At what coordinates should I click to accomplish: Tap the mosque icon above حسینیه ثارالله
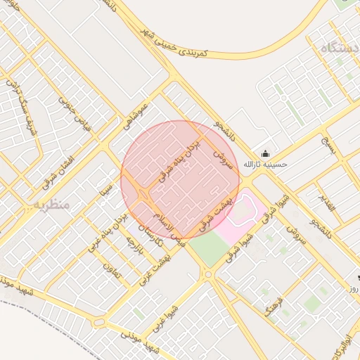click(265, 154)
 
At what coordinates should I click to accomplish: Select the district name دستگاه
click(338, 49)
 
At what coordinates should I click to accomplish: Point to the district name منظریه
click(50, 205)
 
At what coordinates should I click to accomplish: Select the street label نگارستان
click(151, 236)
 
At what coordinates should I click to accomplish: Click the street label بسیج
click(329, 148)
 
